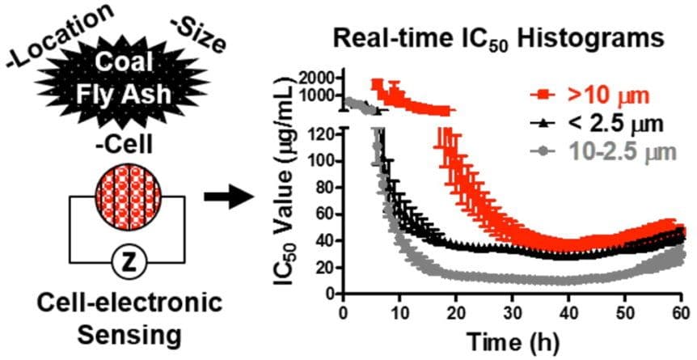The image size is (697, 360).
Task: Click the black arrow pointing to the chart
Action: coord(226,197)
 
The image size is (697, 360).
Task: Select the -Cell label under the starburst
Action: coord(127,146)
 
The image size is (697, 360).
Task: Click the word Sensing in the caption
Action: coord(126,333)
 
